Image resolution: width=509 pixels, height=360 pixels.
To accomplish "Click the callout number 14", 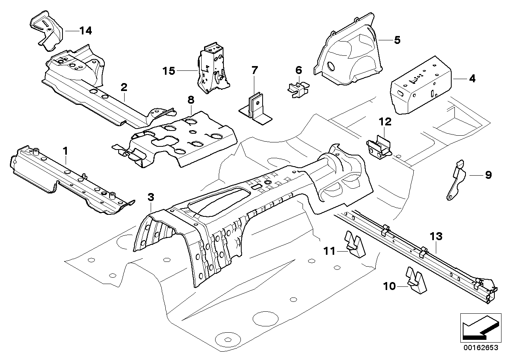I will (x=85, y=30).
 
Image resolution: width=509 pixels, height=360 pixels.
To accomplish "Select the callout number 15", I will (x=168, y=71).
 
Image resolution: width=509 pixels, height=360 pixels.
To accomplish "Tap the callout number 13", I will (x=436, y=237).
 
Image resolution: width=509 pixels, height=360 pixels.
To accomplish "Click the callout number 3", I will (x=151, y=197).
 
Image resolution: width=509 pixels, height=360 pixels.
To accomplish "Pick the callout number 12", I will (x=385, y=122).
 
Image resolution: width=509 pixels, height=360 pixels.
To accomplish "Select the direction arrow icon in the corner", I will (x=479, y=326).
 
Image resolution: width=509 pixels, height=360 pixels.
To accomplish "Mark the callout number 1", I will (x=66, y=151).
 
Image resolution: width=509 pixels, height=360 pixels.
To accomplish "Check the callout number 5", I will (x=397, y=40).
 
